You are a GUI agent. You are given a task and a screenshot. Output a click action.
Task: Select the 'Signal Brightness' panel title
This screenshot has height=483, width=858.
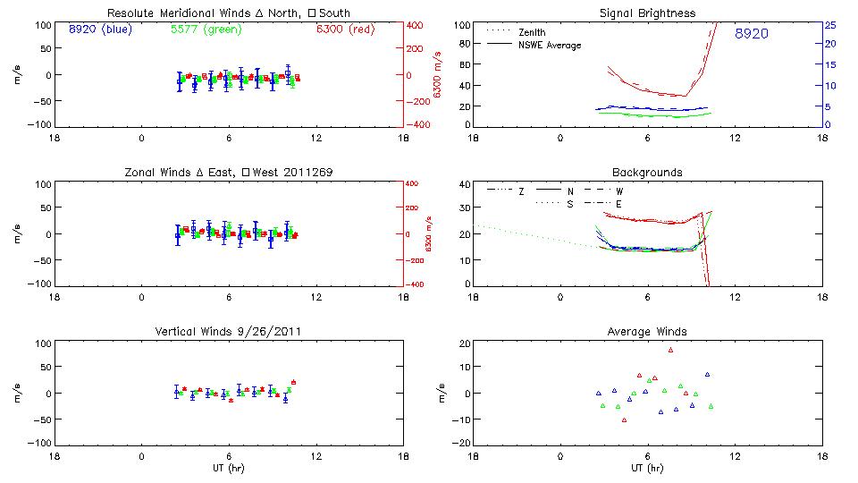point(647,13)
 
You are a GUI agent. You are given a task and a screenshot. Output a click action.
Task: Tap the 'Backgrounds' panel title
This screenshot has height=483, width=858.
point(647,172)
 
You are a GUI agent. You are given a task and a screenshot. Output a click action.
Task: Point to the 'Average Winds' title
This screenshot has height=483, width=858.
point(647,332)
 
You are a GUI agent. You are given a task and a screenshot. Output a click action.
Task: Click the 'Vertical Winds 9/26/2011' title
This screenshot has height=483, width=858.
point(229,332)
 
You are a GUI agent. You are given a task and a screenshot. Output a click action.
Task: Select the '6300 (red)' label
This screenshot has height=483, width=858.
point(345,29)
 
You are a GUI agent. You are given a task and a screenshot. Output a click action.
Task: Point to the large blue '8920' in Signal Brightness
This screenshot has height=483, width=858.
point(751,34)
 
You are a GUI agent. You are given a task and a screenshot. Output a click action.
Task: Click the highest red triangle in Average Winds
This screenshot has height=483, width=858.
point(670,350)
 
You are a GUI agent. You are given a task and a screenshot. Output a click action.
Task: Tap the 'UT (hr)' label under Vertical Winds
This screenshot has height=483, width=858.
point(229,468)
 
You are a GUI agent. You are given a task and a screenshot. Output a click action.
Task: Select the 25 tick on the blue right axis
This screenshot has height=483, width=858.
point(829,24)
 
